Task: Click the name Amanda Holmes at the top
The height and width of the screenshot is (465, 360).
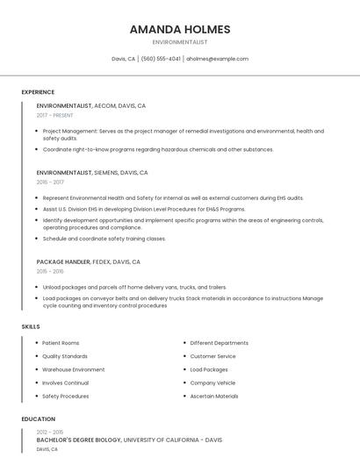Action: click(180, 29)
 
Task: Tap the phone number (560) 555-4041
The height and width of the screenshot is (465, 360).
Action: click(161, 59)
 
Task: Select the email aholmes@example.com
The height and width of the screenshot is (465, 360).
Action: click(217, 59)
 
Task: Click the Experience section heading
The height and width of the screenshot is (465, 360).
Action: click(38, 92)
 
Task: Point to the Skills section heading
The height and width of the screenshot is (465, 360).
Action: click(31, 326)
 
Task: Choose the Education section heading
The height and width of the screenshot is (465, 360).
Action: click(39, 419)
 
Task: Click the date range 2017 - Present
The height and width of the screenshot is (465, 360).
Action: click(54, 115)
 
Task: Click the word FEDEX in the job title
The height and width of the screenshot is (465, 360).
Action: click(102, 261)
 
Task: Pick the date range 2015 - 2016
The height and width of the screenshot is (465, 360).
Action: click(50, 271)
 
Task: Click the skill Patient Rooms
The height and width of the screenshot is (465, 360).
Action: click(61, 343)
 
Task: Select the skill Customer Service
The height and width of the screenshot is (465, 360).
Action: click(212, 356)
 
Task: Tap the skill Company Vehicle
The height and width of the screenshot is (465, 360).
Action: click(212, 383)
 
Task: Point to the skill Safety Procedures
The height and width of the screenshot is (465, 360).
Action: click(65, 396)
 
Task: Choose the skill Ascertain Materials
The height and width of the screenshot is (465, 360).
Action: click(214, 396)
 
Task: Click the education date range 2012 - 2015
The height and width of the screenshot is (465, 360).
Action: click(49, 432)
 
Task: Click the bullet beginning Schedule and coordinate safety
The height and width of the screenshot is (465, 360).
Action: click(104, 239)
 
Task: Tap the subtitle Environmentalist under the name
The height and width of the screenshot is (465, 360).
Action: click(180, 42)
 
